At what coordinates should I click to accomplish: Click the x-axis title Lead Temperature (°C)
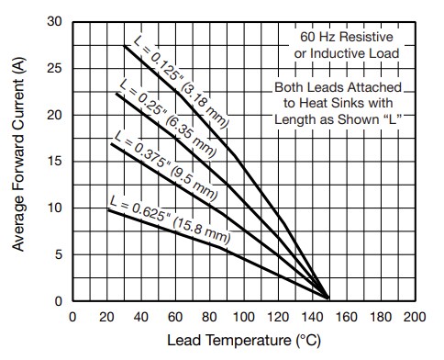pos(244,343)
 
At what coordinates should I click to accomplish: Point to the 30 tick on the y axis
pos(56,22)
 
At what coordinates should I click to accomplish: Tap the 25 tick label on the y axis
pos(56,69)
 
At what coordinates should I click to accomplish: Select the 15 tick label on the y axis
pos(56,162)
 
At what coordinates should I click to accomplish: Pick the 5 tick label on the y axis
pos(59,254)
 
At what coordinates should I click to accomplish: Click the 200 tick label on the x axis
pos(415,317)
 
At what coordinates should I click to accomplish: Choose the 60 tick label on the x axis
pos(175,317)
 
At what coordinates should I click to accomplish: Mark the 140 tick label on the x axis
pos(312,317)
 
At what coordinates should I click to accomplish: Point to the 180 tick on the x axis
pos(381,317)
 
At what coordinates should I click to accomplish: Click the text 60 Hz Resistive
pos(345,39)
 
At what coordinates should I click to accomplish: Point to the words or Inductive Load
pos(345,53)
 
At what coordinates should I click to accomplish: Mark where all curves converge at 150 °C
pos(328,297)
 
